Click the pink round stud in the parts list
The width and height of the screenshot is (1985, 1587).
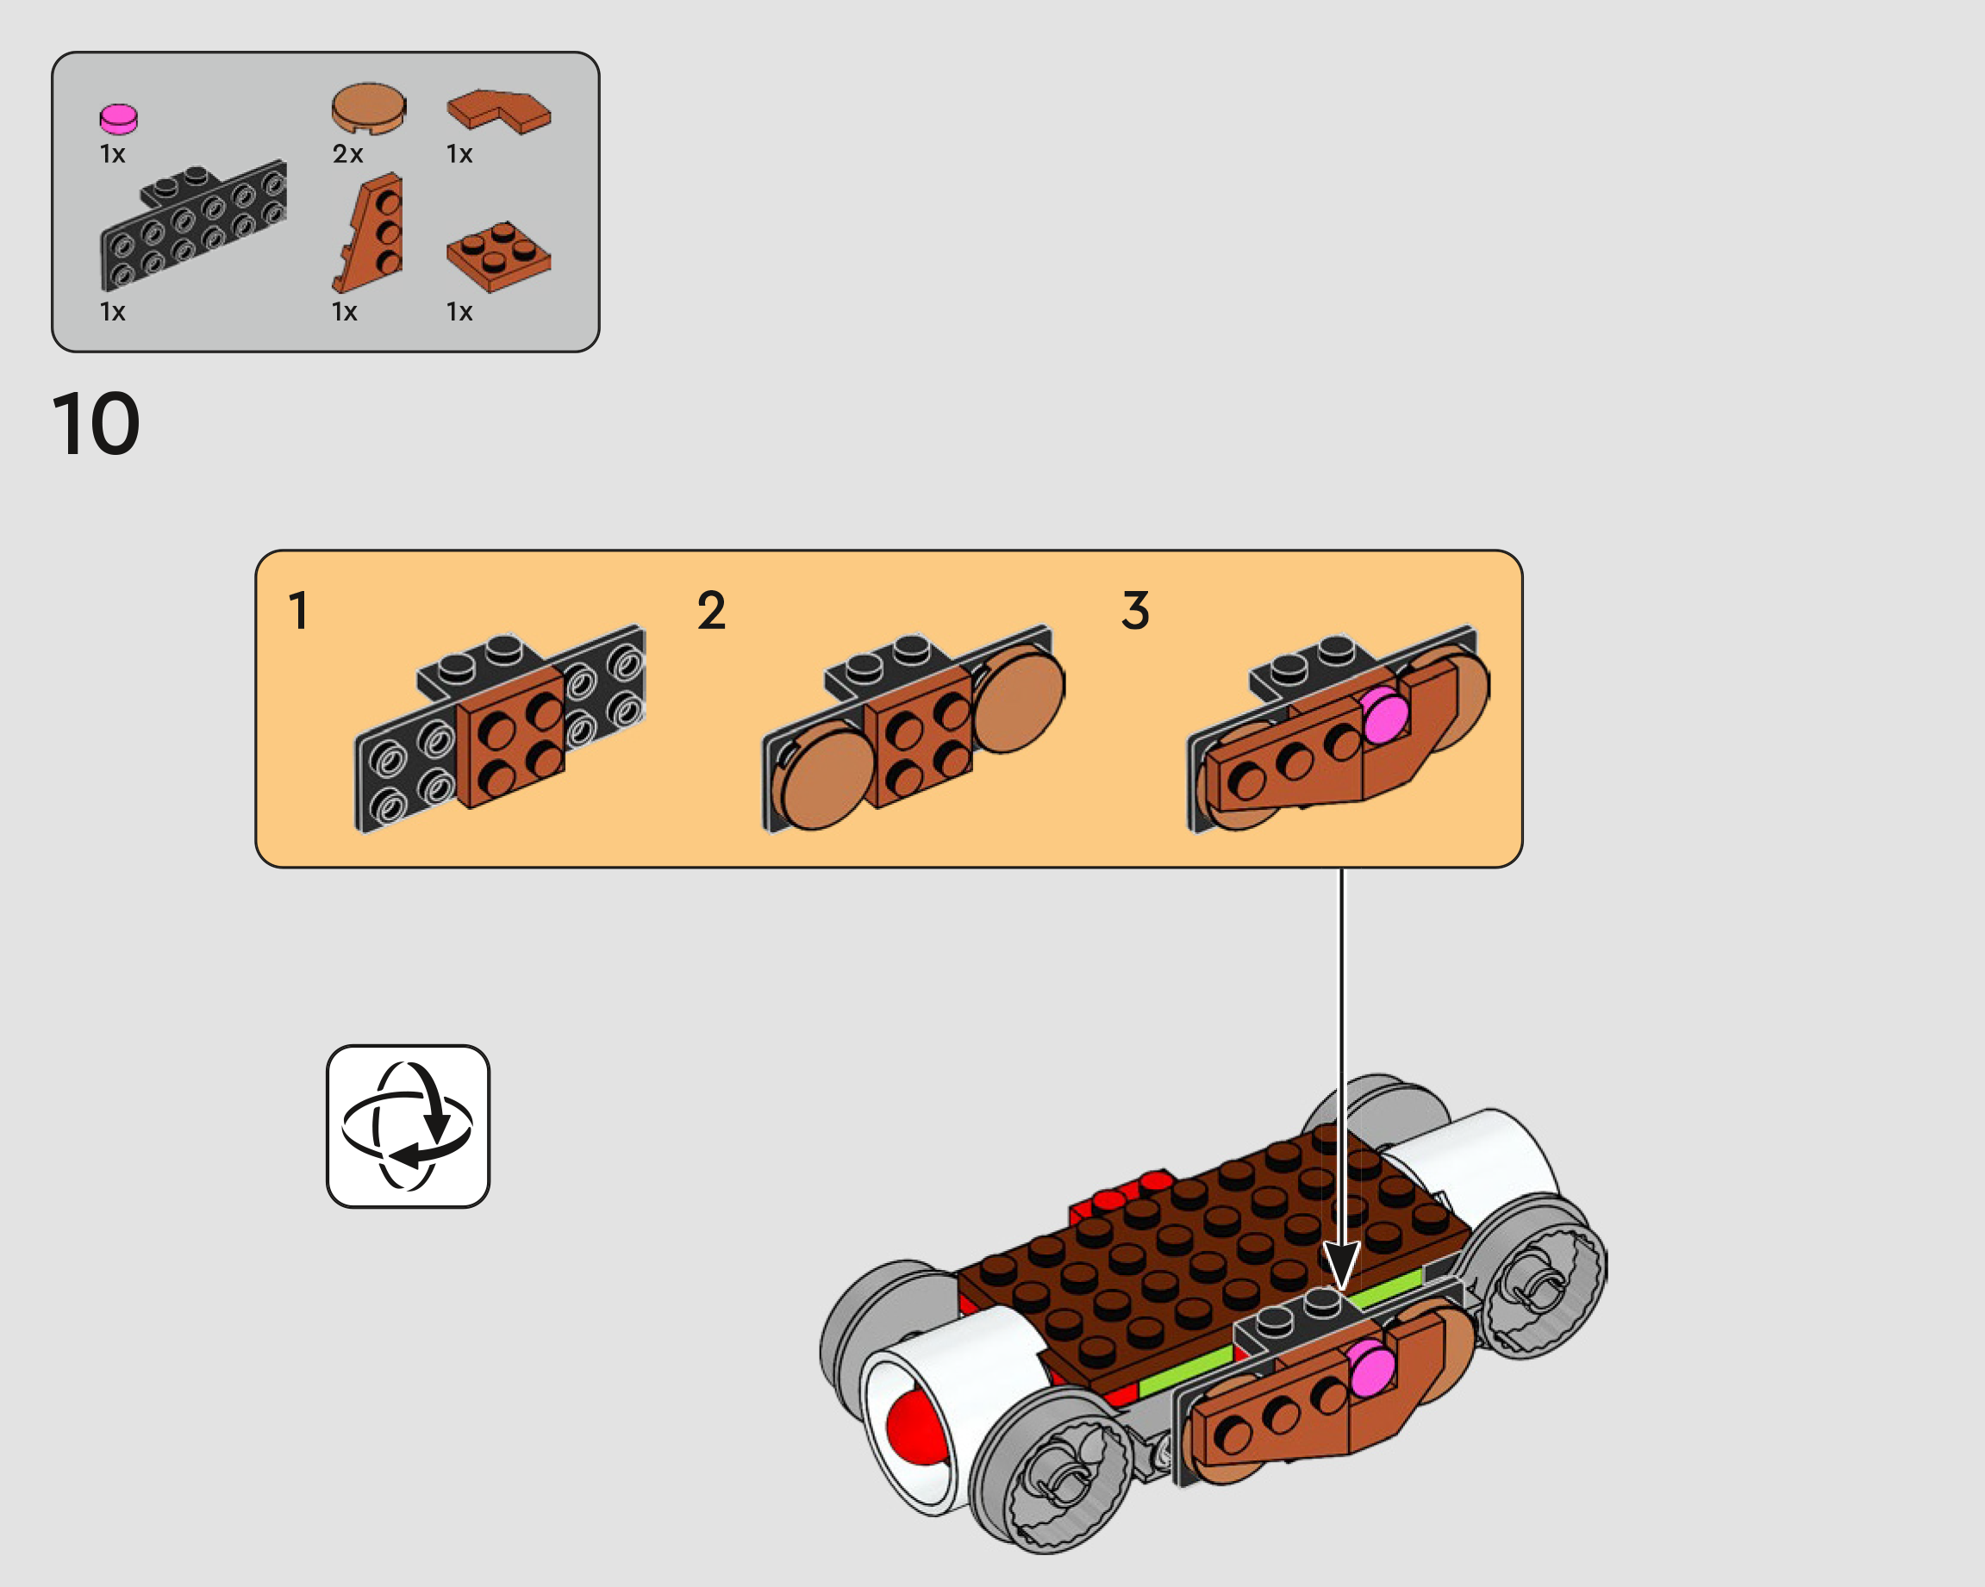coord(118,119)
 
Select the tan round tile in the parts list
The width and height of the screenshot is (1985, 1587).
coord(368,108)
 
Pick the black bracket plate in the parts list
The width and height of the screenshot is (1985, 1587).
coord(193,227)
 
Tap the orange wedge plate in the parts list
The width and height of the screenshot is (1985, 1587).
coord(368,232)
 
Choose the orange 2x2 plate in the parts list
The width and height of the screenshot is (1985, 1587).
coord(498,256)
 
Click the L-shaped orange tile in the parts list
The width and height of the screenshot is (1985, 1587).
coord(499,111)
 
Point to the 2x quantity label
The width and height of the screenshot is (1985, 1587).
coord(348,153)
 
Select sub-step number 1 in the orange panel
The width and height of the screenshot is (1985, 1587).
coord(298,610)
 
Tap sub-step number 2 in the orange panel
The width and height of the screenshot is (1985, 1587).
coord(712,610)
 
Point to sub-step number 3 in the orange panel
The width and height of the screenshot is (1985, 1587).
coord(1136,610)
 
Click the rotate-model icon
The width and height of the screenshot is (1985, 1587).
coord(408,1126)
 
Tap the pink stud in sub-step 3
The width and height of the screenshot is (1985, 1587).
coord(1385,715)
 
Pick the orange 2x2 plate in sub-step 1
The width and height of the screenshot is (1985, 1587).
coord(511,737)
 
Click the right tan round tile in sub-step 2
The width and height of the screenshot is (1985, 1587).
coord(1018,698)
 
